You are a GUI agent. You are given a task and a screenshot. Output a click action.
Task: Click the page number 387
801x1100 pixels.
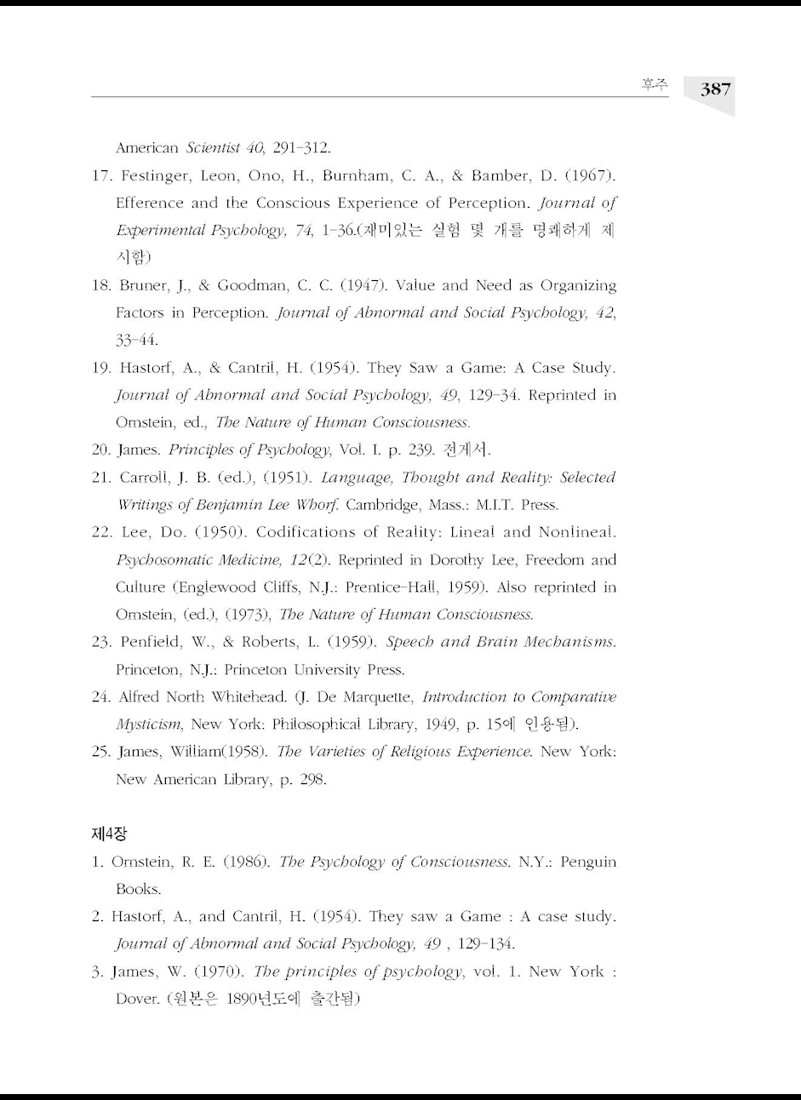716,89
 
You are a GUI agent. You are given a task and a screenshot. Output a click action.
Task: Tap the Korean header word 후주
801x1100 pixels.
655,85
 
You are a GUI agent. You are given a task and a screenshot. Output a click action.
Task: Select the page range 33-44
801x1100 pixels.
136,340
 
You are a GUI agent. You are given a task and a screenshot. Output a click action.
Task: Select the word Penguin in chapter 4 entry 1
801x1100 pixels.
587,862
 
